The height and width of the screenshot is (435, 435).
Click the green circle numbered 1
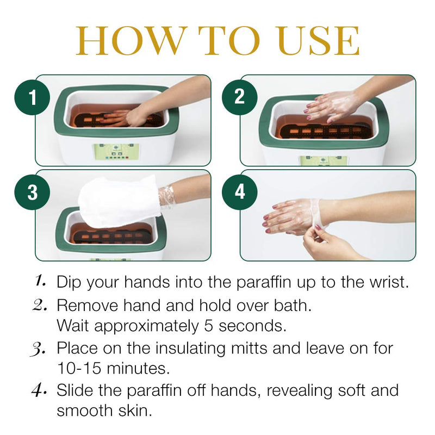tap(33, 98)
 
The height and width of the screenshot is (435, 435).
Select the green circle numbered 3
tap(33, 192)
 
